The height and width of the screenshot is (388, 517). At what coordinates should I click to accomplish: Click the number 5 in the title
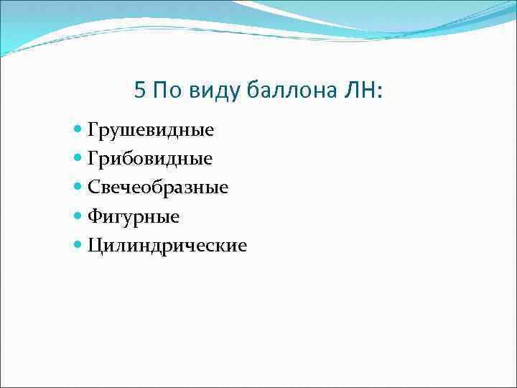coord(140,91)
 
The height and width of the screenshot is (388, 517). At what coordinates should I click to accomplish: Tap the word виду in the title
coord(215,91)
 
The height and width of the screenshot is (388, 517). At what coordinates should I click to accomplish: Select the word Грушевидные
coord(151,130)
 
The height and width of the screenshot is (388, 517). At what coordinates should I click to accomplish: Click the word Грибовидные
coord(150,159)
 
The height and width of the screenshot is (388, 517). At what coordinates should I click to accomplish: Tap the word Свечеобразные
coord(158,188)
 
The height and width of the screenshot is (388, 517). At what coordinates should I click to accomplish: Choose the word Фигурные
coord(134,216)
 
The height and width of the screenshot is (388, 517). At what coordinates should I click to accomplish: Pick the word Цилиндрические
coord(167,246)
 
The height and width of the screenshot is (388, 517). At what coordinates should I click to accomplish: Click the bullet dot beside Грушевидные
coord(78,130)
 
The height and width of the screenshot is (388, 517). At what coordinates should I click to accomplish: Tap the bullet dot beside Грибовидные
coord(78,159)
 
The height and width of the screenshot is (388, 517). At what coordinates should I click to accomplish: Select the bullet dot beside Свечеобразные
coord(78,188)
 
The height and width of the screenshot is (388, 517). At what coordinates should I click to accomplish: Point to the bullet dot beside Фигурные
coord(78,216)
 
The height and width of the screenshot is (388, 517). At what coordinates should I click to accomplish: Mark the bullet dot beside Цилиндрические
coord(78,245)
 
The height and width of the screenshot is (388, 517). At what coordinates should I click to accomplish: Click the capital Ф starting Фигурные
coord(95,216)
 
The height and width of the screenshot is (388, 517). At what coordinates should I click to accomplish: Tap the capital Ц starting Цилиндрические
coord(95,245)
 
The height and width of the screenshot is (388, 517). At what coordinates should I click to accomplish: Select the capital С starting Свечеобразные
coord(94,188)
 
